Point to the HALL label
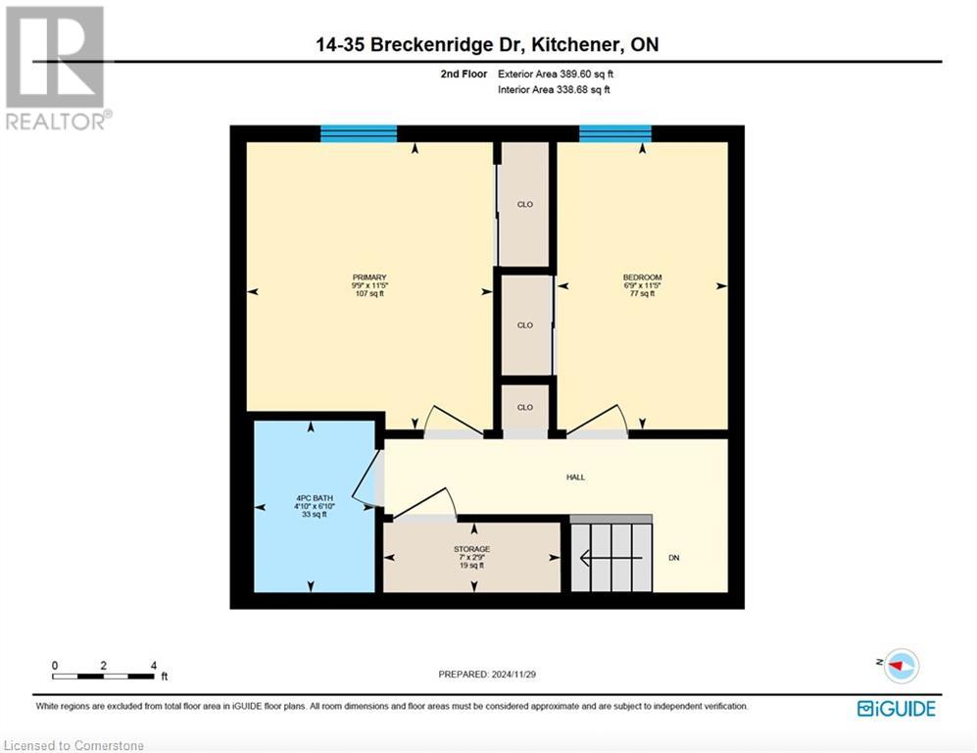point(575,477)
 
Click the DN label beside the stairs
point(674,558)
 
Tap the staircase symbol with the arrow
point(611,558)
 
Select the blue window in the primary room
point(359,134)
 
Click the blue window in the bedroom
point(615,134)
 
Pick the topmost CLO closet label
point(524,205)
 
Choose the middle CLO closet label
point(524,326)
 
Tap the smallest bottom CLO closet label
point(524,407)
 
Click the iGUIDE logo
point(896,708)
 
